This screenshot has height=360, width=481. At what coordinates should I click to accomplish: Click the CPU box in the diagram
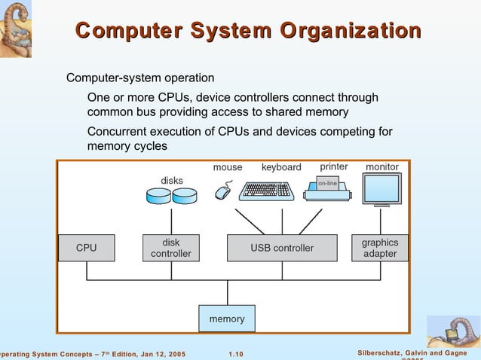click(86, 248)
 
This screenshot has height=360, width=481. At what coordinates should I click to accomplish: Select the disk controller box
click(171, 248)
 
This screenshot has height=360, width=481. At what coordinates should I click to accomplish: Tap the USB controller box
click(282, 248)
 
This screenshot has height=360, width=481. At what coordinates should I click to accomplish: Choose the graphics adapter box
click(379, 248)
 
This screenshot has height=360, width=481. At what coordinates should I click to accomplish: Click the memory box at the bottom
click(227, 319)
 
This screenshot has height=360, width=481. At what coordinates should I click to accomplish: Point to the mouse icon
click(223, 191)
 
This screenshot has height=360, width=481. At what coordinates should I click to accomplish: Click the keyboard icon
click(266, 191)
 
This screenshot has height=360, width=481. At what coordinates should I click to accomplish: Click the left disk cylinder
click(158, 197)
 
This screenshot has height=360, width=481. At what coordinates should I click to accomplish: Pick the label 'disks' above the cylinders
click(172, 180)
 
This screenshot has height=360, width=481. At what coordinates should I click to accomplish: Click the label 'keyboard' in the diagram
click(281, 167)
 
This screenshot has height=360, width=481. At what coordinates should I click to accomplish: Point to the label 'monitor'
click(382, 166)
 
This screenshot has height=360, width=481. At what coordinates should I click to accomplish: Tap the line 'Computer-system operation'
click(140, 78)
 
